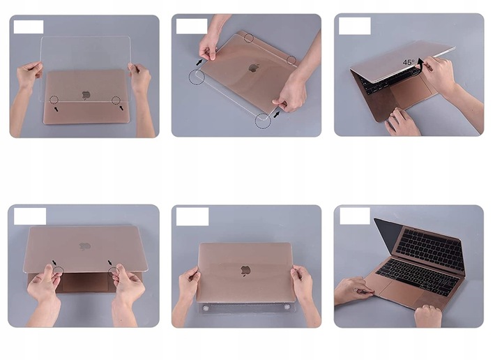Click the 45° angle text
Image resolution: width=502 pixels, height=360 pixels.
tap(408, 62)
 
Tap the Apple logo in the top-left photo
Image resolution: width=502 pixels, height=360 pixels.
tap(86, 93)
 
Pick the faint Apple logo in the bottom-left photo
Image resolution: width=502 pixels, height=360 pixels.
tap(84, 246)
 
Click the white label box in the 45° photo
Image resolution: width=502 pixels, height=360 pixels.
tap(354, 27)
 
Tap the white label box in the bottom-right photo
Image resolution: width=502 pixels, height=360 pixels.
tap(354, 216)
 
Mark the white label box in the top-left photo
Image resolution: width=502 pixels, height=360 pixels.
tap(29, 27)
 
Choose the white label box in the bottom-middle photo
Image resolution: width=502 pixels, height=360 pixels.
tap(192, 216)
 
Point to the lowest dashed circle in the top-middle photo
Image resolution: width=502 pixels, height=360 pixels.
tap(262, 121)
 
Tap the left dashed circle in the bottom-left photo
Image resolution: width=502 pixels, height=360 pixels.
tap(59, 270)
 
